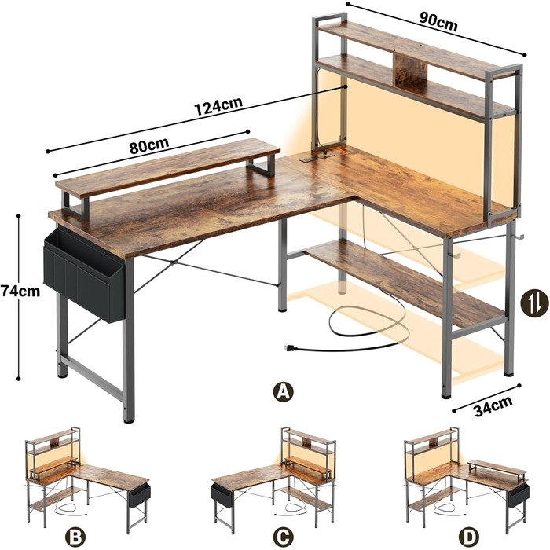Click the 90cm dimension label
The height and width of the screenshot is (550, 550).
(438, 22)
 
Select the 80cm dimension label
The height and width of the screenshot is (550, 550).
(149, 145)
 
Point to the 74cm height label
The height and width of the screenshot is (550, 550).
(20, 291)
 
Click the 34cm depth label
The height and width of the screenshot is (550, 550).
(493, 406)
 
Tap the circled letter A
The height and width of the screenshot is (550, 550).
(284, 391)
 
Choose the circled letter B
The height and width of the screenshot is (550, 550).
(75, 537)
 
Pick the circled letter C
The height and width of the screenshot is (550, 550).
(284, 537)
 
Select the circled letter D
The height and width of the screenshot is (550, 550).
(468, 537)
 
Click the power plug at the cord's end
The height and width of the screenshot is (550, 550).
(291, 348)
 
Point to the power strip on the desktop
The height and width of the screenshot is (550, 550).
(316, 157)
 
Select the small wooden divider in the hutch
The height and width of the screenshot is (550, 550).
(409, 70)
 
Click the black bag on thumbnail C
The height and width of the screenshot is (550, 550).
(222, 495)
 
